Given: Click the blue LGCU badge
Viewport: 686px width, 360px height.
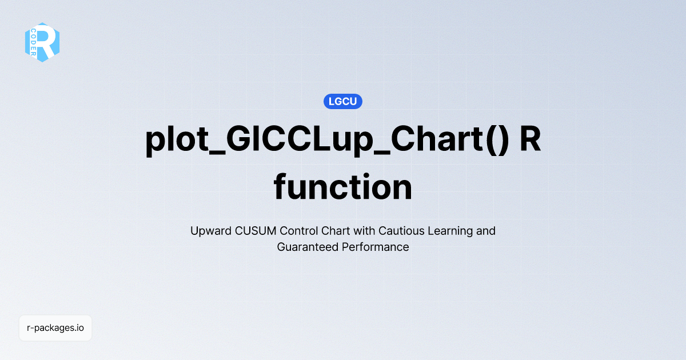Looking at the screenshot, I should pos(343,102).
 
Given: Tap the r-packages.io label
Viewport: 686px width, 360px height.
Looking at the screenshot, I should pos(55,328).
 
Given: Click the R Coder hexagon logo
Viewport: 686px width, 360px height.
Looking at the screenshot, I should pos(42,42).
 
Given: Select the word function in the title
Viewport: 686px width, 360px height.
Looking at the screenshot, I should pos(343,187).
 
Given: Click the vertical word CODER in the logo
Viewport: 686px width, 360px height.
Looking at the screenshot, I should pos(34,42).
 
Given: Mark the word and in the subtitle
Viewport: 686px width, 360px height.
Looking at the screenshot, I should pos(485,231).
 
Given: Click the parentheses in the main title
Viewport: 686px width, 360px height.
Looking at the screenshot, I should pos(495,140).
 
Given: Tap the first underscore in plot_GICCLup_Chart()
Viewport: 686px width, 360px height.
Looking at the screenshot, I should pos(211,153).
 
